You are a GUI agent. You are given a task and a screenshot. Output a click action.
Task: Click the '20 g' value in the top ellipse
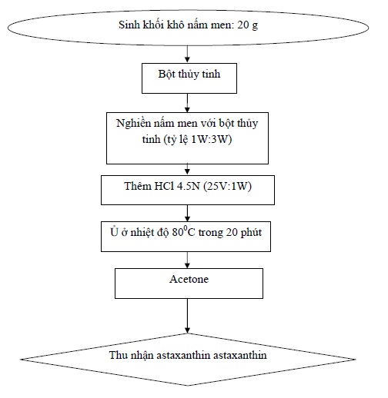(x=248, y=25)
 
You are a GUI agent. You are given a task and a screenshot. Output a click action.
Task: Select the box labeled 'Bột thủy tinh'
(x=189, y=78)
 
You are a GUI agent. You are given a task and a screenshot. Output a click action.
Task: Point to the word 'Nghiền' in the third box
(x=133, y=124)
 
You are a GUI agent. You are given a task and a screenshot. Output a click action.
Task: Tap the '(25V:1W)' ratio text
(x=227, y=186)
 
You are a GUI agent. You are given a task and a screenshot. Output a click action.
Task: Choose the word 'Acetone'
(x=189, y=279)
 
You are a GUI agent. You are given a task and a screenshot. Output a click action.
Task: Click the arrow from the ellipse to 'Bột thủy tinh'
(x=187, y=54)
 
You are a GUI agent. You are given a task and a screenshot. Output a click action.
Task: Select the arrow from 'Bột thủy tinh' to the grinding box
(x=187, y=103)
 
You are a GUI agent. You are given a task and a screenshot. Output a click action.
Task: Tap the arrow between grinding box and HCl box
(x=187, y=169)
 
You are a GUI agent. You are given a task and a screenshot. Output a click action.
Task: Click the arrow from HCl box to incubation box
(x=187, y=213)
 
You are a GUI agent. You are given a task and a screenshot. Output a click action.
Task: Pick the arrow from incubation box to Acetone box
(x=187, y=260)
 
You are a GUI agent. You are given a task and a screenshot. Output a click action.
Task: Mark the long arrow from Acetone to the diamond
(x=187, y=316)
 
